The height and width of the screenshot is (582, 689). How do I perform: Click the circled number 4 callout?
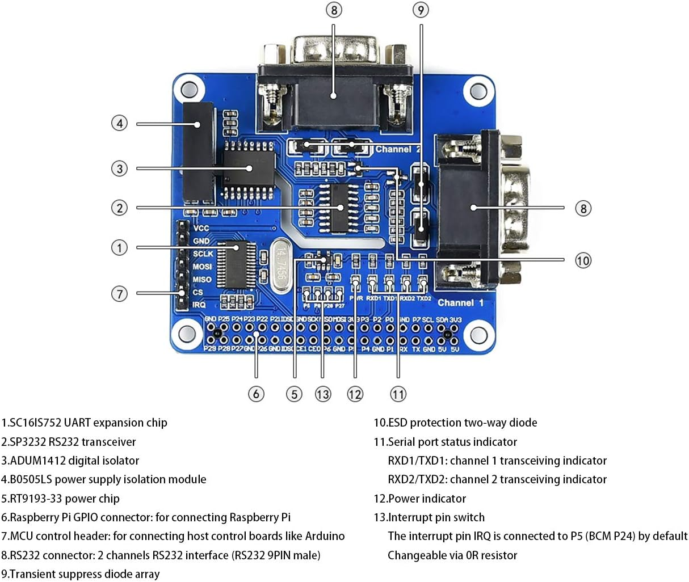pos(119,123)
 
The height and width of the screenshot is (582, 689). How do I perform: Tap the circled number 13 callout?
pos(322,394)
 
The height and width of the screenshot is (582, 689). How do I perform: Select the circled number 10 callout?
pos(583,260)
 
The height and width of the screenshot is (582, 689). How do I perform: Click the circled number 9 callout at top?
pos(421,10)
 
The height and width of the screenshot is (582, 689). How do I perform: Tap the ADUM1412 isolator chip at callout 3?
pos(248,168)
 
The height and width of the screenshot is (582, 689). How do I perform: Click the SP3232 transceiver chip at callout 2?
pos(339,208)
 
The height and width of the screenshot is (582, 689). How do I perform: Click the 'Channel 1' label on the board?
pos(460,303)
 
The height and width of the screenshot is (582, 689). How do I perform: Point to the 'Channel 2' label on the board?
pos(398,149)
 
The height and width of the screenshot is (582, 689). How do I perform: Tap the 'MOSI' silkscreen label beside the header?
pos(202,267)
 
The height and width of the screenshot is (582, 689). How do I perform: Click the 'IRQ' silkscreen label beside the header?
pos(199,305)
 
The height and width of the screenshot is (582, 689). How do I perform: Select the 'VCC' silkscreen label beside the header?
pos(201,228)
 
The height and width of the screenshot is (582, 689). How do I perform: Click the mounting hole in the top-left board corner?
pos(188,89)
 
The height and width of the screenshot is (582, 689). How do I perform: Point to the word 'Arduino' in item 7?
pos(324,536)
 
